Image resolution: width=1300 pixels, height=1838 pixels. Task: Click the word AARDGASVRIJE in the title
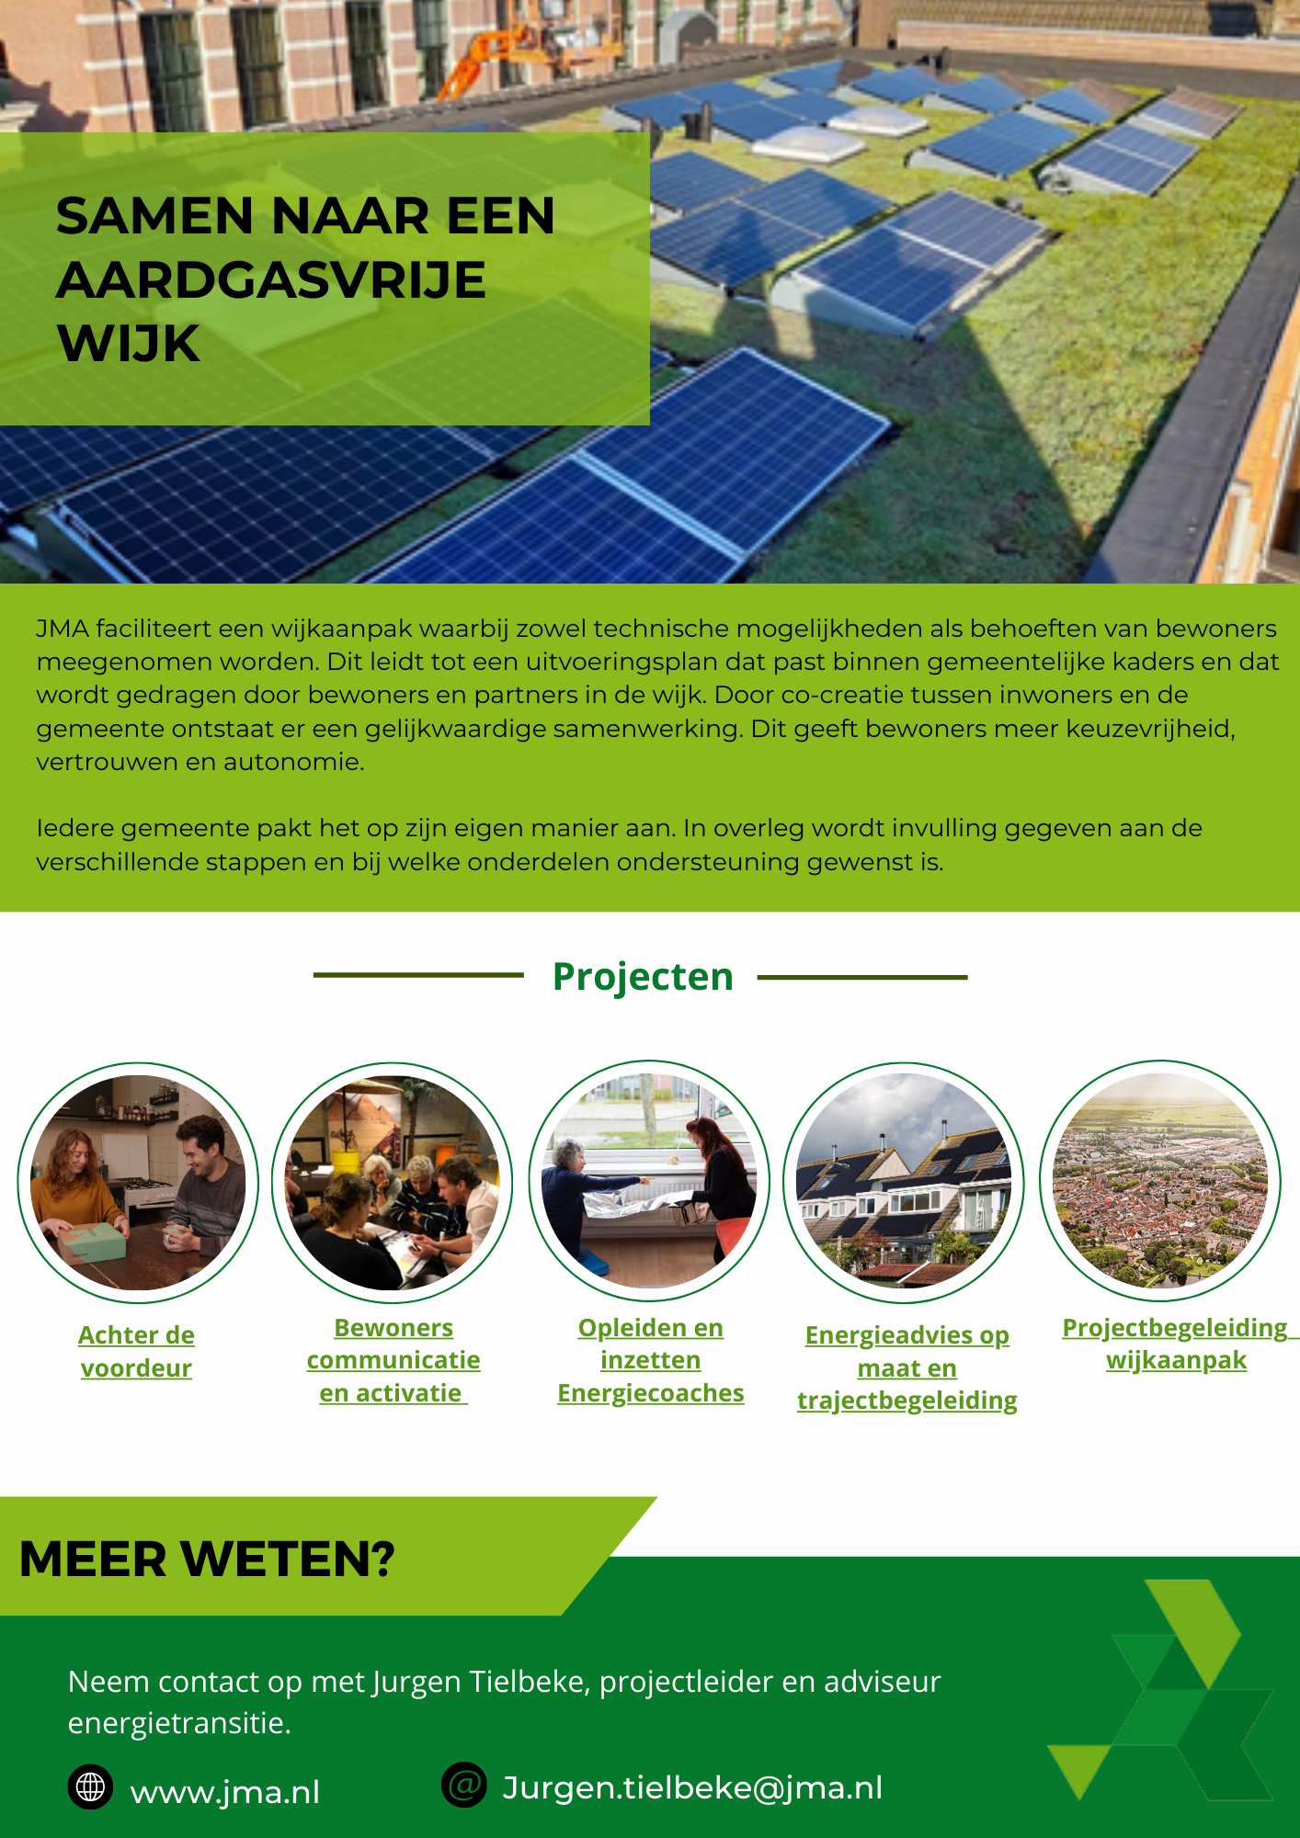tap(271, 280)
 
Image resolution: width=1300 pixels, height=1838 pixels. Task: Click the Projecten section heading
tap(643, 977)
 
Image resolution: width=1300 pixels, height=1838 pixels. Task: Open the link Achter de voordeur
tap(136, 1351)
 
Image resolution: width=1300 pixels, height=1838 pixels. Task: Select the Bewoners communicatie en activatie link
tap(393, 1360)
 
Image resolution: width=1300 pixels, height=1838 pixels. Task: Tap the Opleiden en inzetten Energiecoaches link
tap(650, 1360)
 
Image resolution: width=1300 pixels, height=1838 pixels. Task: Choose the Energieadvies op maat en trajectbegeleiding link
tap(907, 1367)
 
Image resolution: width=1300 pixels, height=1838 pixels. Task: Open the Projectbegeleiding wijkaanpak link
tap(1176, 1344)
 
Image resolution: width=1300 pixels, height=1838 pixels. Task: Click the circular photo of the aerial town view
tap(1160, 1181)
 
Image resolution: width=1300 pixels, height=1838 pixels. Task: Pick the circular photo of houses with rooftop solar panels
tap(904, 1182)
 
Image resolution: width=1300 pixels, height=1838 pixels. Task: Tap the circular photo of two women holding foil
tap(649, 1181)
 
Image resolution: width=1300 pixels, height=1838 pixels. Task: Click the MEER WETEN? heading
tap(207, 1560)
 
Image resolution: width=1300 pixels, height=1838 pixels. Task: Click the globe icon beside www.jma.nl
tap(90, 1787)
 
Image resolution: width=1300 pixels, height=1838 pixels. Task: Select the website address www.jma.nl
tap(225, 1792)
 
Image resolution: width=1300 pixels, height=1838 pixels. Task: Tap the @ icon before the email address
tap(464, 1785)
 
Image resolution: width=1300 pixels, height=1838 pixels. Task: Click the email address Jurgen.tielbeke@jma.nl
tap(692, 1787)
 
